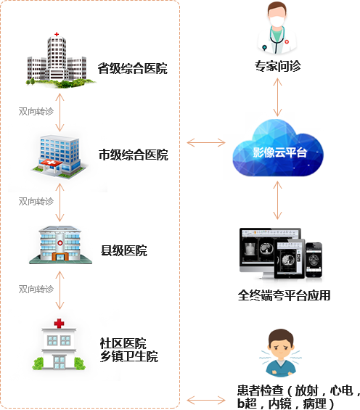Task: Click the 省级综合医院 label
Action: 133,68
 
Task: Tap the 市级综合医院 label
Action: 134,155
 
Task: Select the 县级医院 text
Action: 124,250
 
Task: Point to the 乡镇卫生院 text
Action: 129,356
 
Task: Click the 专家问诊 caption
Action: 278,66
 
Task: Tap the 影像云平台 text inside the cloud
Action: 279,152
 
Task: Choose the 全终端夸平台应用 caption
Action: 285,295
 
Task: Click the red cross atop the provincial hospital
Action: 57,34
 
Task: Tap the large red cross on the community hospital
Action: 59,324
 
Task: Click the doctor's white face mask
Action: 277,21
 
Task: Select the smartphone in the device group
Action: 314,261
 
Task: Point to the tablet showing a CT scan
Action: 290,259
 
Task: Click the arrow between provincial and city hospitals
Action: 60,112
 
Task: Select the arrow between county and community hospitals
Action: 60,290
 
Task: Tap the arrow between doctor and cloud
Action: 277,97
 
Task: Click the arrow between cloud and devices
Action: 277,200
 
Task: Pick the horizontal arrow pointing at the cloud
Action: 206,143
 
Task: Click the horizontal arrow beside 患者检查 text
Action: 206,400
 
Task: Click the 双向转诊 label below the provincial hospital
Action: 36,112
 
